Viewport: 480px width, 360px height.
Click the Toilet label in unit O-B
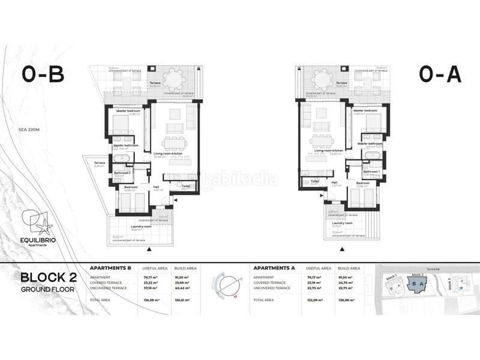[185, 185]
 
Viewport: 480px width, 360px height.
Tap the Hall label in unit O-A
[335, 182]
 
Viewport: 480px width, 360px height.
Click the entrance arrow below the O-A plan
[343, 248]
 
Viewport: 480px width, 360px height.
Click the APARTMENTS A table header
[274, 268]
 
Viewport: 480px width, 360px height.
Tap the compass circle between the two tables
[227, 283]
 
